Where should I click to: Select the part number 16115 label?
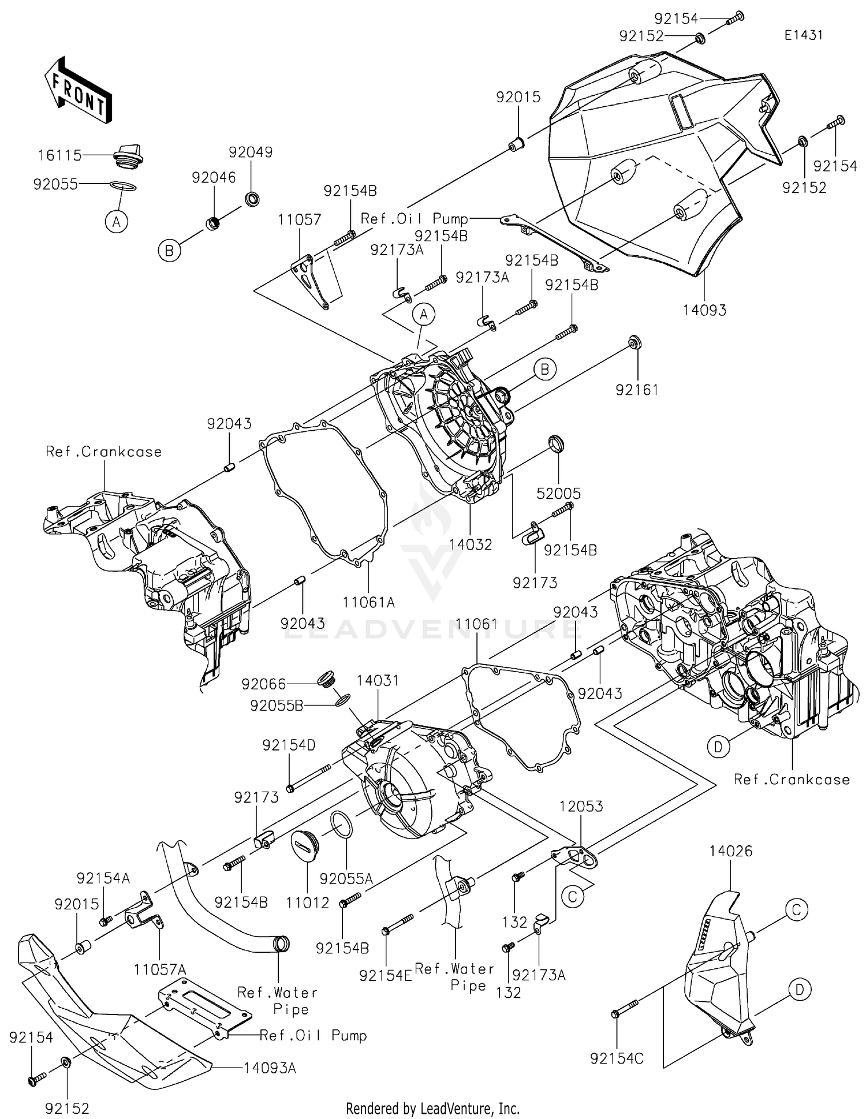[60, 155]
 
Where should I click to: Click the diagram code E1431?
[803, 35]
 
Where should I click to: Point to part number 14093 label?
[704, 310]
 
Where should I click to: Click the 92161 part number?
[637, 390]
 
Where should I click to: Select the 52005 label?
[558, 493]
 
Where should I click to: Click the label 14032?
[471, 544]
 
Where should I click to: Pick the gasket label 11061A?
[368, 602]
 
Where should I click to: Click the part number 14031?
[377, 681]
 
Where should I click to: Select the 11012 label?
[308, 902]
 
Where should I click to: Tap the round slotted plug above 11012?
[307, 845]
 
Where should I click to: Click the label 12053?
[581, 806]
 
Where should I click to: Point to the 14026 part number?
[730, 851]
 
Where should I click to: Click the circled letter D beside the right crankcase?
[718, 747]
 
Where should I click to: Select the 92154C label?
[617, 1058]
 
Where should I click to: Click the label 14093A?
[270, 1068]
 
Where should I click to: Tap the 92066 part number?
[263, 684]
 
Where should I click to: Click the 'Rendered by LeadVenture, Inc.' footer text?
[432, 1108]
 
